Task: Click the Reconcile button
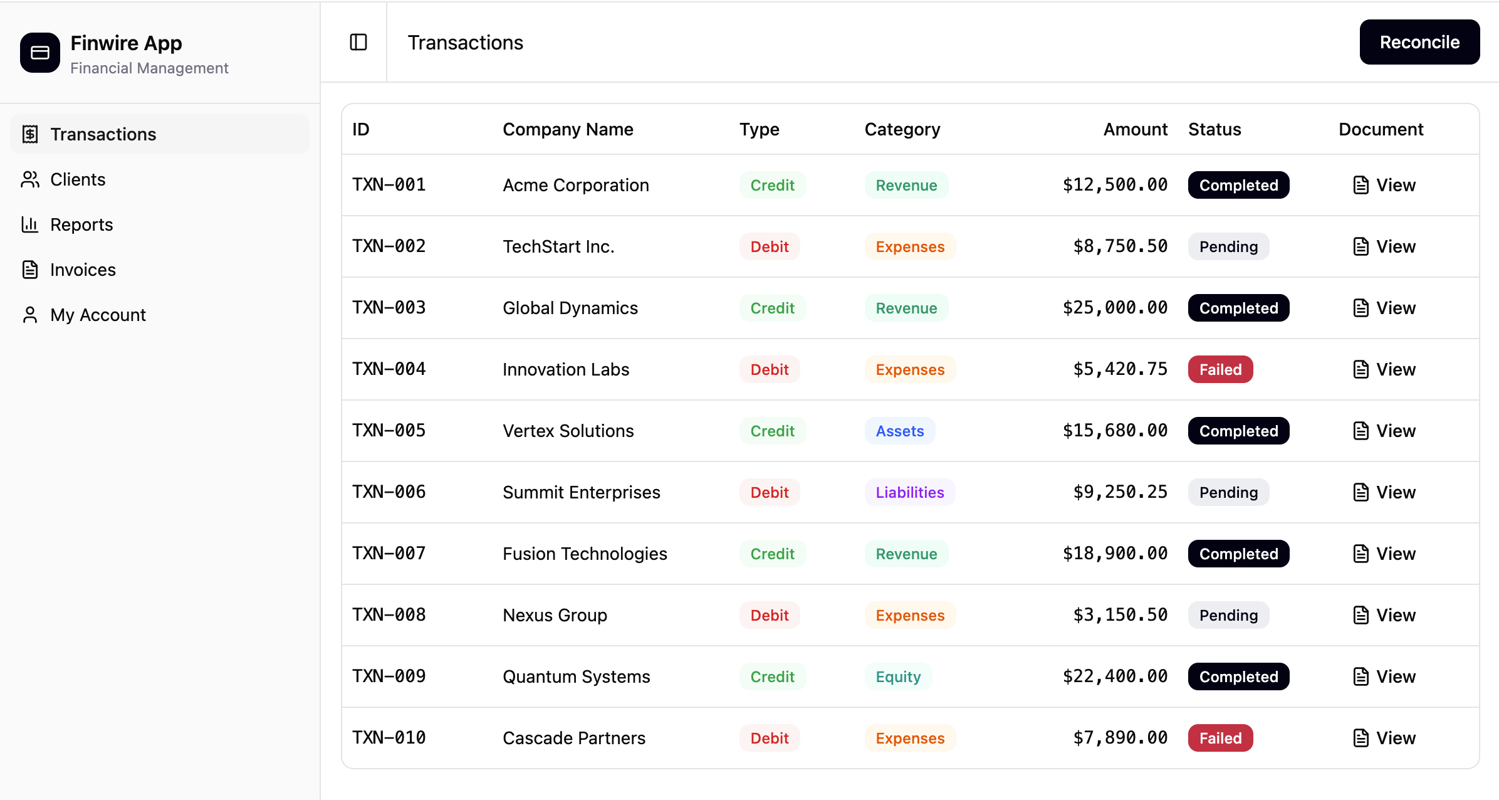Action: coord(1419,42)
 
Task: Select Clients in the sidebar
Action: coord(78,179)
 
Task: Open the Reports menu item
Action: coord(81,224)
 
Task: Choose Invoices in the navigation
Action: coord(83,270)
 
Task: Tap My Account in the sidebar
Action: coord(98,315)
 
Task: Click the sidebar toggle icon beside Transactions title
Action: coord(358,42)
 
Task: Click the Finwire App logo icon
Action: coord(40,53)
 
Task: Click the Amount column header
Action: coord(1135,129)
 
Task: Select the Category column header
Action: coord(902,129)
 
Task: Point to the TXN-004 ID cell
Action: coord(389,369)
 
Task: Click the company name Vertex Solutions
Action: coord(568,431)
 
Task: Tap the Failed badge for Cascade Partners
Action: coord(1220,738)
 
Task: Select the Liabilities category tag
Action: coord(909,492)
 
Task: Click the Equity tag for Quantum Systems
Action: coord(898,676)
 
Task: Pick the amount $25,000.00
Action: coord(1115,308)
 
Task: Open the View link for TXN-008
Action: coord(1384,615)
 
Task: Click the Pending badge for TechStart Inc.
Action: coord(1228,246)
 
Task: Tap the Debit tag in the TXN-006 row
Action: coord(770,492)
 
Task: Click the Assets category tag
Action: coord(899,431)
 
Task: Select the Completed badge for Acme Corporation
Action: coord(1238,185)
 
